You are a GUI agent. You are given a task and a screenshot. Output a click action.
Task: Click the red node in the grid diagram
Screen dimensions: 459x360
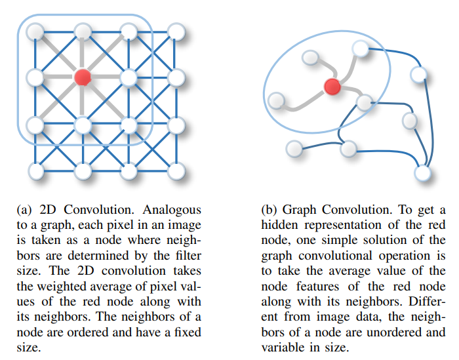point(82,78)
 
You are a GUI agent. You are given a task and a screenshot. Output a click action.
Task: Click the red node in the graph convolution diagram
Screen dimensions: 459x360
point(332,86)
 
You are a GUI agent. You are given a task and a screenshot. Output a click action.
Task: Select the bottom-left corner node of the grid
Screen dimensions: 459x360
point(35,171)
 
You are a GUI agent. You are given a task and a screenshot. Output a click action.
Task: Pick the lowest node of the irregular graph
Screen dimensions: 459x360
point(423,173)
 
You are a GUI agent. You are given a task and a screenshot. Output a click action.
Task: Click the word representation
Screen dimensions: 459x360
point(343,225)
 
